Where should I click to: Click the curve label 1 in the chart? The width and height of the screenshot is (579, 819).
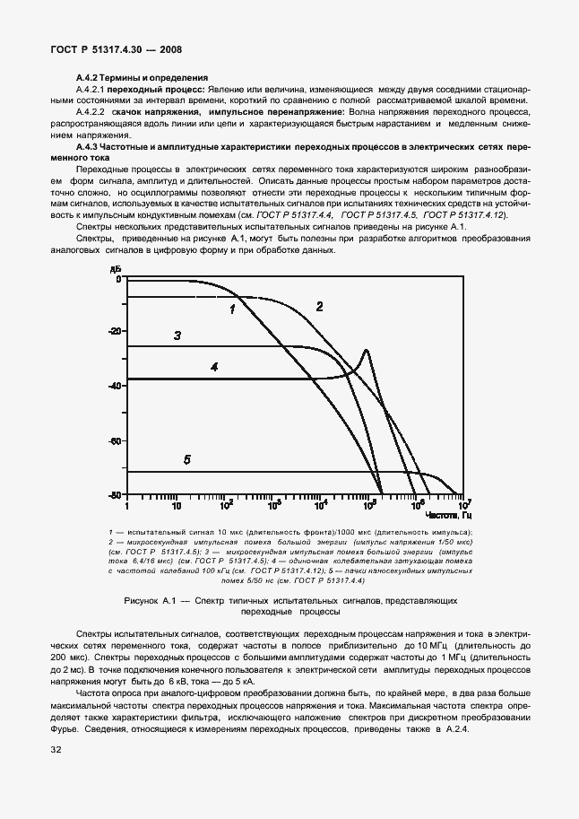pyautogui.click(x=232, y=309)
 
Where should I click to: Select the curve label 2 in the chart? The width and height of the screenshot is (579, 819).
pyautogui.click(x=318, y=307)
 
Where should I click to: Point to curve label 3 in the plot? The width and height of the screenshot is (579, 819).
pyautogui.click(x=177, y=336)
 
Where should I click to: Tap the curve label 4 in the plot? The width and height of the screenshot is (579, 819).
pyautogui.click(x=214, y=367)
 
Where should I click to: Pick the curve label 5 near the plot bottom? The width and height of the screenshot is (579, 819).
pyautogui.click(x=186, y=460)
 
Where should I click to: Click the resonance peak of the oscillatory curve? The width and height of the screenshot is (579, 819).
pyautogui.click(x=366, y=351)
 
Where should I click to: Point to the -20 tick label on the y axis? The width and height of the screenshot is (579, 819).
pyautogui.click(x=113, y=331)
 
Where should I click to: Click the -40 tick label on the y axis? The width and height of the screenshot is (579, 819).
pyautogui.click(x=113, y=386)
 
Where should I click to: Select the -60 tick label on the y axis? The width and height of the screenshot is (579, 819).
pyautogui.click(x=113, y=440)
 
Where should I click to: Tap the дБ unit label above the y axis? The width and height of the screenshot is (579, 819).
pyautogui.click(x=114, y=269)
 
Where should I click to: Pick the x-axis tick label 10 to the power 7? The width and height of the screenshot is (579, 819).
pyautogui.click(x=464, y=505)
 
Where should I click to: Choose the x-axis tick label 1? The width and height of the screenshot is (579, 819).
pyautogui.click(x=126, y=506)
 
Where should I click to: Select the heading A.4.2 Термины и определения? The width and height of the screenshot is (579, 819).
pyautogui.click(x=142, y=78)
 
